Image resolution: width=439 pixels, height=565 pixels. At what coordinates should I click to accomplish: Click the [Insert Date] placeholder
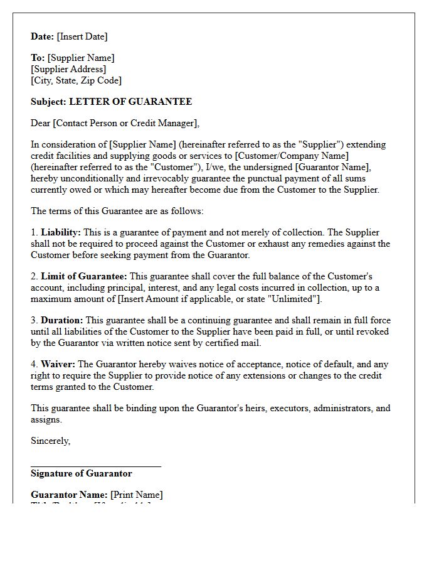point(82,36)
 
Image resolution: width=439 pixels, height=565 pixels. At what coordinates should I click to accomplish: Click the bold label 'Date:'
point(43,36)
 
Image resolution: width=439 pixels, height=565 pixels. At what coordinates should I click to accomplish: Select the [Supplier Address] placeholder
point(68,69)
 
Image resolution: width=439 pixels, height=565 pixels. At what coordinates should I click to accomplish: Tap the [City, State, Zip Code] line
point(76,80)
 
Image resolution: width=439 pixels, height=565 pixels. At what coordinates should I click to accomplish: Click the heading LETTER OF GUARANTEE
point(130,102)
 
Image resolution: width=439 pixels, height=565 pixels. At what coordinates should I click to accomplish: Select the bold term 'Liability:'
point(61,232)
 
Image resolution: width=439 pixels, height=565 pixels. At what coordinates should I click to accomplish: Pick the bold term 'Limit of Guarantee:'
point(84,276)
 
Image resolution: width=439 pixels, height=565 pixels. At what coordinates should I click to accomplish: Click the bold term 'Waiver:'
point(58,364)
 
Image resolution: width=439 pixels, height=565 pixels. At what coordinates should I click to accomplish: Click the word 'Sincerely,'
point(51,441)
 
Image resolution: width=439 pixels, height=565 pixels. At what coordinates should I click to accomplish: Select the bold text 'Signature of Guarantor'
point(82,473)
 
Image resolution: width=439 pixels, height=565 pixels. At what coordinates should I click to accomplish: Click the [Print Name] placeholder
point(137,495)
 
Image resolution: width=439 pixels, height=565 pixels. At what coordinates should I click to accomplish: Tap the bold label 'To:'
point(38,58)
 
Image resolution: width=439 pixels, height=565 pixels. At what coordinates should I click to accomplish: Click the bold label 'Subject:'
point(48,102)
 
